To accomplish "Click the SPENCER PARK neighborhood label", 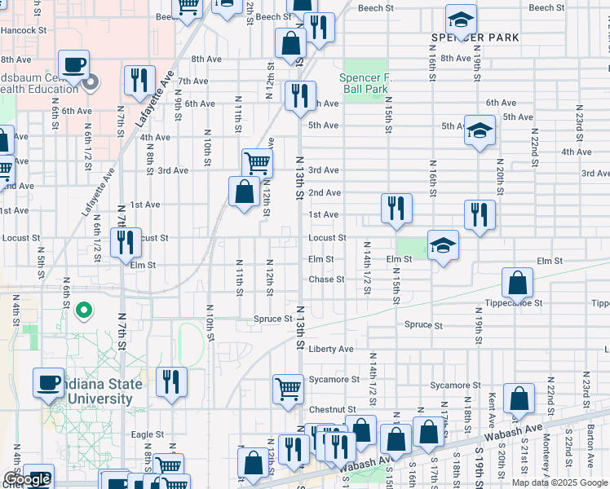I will (x=475, y=38).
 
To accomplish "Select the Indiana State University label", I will (x=102, y=392).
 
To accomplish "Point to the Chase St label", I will (x=327, y=280).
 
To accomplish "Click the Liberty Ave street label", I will (x=330, y=349).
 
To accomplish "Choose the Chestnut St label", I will (x=332, y=409).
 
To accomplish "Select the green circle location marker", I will (x=83, y=311).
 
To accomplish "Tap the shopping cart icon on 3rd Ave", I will (x=257, y=162).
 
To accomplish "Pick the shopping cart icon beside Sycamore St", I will (x=289, y=389).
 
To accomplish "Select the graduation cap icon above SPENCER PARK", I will (x=461, y=19).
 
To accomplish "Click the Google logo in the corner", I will (x=27, y=480).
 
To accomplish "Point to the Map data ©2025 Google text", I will (x=559, y=482).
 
